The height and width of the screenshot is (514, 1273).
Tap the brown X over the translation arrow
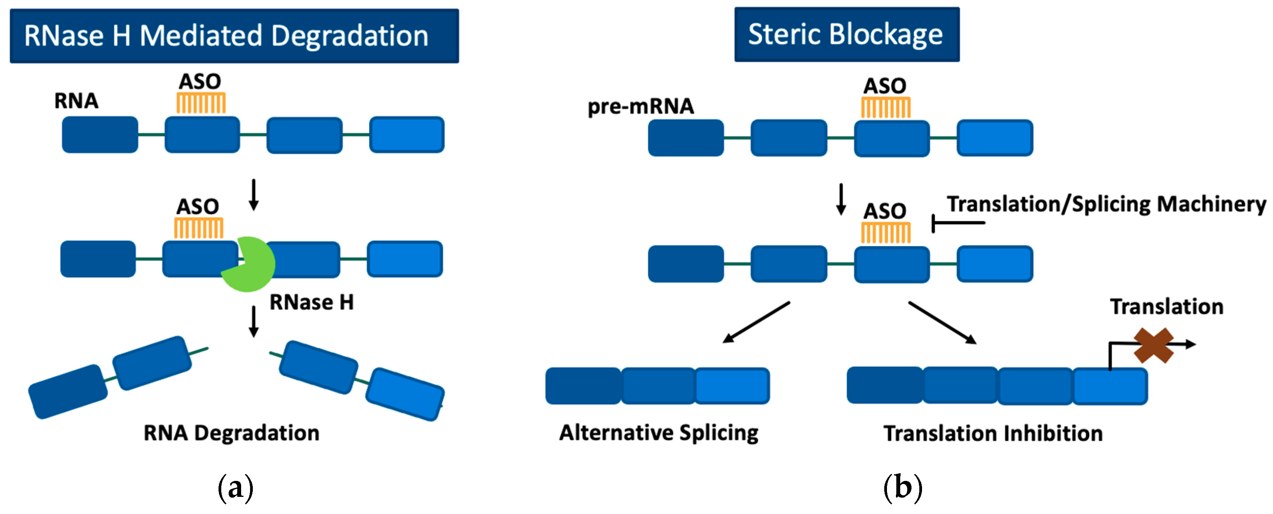(x=1153, y=345)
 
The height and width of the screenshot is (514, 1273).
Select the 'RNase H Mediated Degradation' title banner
(x=234, y=35)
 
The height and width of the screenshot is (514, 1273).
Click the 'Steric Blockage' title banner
(x=847, y=34)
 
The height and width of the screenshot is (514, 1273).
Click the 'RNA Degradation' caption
(x=231, y=433)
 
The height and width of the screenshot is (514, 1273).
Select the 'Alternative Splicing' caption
(x=659, y=433)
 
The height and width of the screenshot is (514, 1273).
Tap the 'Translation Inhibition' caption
(x=993, y=433)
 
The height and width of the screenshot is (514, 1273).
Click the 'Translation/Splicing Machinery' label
(x=1106, y=204)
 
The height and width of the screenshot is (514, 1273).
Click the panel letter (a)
(x=236, y=488)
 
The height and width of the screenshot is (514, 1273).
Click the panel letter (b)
(x=903, y=488)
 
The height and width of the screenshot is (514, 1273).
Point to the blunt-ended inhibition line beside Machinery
(x=958, y=223)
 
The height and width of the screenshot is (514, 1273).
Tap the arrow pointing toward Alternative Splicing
(x=756, y=322)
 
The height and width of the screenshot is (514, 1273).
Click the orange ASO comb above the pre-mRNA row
(x=885, y=107)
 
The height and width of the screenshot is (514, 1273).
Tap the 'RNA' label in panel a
(x=76, y=101)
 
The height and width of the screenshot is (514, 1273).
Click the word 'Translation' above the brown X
(x=1167, y=306)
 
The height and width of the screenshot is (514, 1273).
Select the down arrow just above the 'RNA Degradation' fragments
(x=254, y=322)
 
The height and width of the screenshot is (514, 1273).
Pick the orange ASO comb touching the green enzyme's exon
(x=199, y=228)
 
